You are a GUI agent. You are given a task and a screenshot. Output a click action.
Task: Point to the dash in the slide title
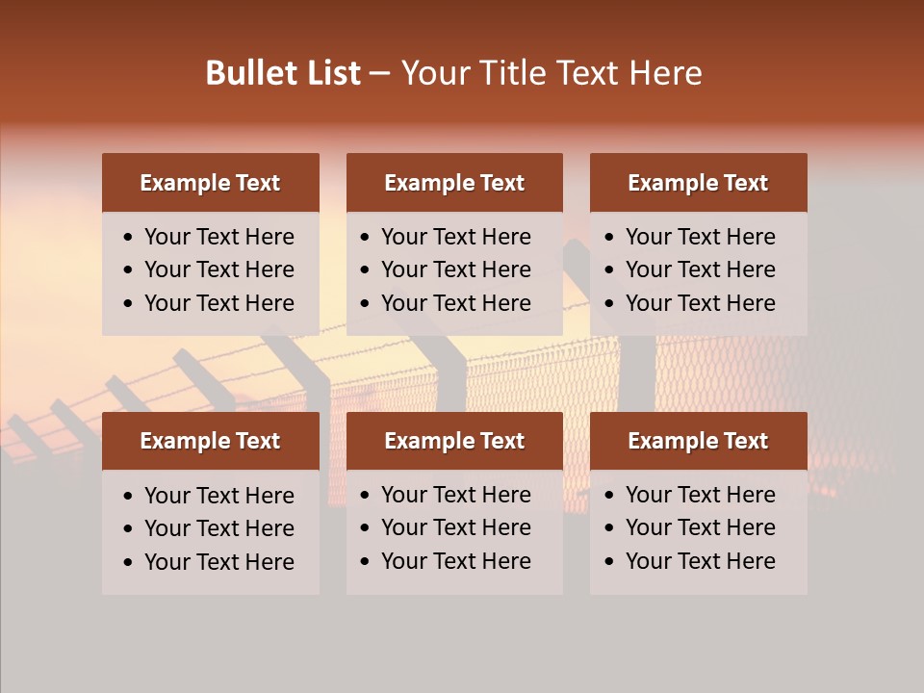[379, 74]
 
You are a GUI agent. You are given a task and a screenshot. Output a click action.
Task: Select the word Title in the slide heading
[515, 73]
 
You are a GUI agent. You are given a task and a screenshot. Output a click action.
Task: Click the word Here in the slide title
[665, 73]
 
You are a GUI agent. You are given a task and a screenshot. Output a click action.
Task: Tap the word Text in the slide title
[589, 73]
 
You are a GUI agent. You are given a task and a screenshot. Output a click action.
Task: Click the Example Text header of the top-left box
[210, 183]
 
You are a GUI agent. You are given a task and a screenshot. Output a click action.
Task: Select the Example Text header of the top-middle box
[454, 183]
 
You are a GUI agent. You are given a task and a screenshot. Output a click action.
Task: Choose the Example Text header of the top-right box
[698, 183]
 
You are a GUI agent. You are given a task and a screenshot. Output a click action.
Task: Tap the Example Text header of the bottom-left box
[210, 441]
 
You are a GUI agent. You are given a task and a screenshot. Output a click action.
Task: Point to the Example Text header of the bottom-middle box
[454, 441]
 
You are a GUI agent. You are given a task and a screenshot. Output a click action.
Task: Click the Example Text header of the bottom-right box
[698, 441]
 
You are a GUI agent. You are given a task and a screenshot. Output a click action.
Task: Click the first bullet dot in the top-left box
[129, 238]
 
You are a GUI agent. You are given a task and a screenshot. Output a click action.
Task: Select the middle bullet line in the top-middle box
[455, 269]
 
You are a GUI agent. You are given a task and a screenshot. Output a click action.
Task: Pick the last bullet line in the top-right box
[700, 303]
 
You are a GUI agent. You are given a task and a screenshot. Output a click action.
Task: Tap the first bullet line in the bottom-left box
[218, 496]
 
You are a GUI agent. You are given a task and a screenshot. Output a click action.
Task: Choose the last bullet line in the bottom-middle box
[455, 561]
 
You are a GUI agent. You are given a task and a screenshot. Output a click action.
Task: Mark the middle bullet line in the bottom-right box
[700, 527]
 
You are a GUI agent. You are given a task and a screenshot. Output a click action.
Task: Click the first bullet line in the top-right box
[700, 237]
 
